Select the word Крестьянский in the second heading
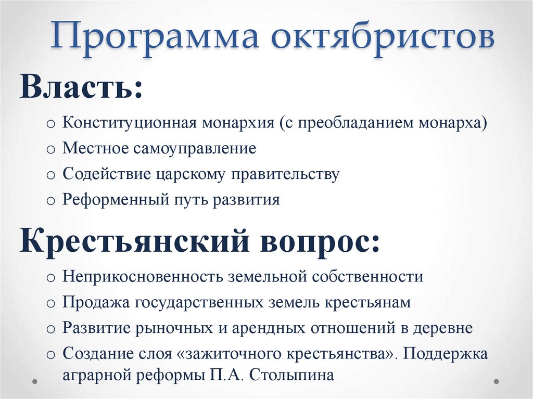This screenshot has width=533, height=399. click(112, 241)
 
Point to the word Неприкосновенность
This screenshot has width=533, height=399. click(142, 276)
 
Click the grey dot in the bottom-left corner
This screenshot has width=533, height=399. click(34, 381)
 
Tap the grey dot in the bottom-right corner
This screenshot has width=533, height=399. click(498, 381)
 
